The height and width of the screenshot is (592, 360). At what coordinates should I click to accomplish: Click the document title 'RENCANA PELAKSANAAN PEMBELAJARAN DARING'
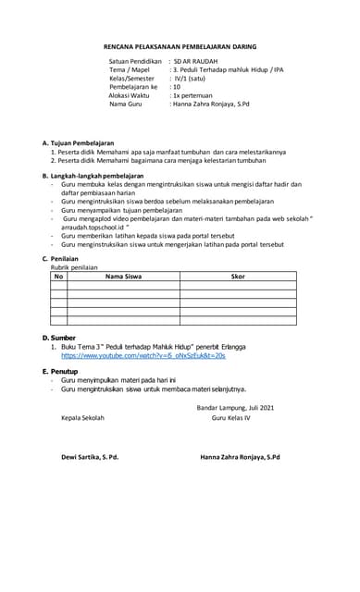click(180, 44)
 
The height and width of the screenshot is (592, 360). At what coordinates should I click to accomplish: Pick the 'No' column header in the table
click(59, 276)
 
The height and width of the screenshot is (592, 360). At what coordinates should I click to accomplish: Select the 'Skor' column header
click(237, 276)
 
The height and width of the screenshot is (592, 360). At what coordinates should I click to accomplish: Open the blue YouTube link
click(143, 355)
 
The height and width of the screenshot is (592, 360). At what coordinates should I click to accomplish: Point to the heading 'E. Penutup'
click(60, 371)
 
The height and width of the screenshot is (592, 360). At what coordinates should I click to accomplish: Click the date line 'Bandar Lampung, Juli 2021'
click(235, 408)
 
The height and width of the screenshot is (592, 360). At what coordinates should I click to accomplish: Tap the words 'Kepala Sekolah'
click(82, 418)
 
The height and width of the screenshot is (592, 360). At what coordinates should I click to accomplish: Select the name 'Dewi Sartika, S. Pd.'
click(90, 457)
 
